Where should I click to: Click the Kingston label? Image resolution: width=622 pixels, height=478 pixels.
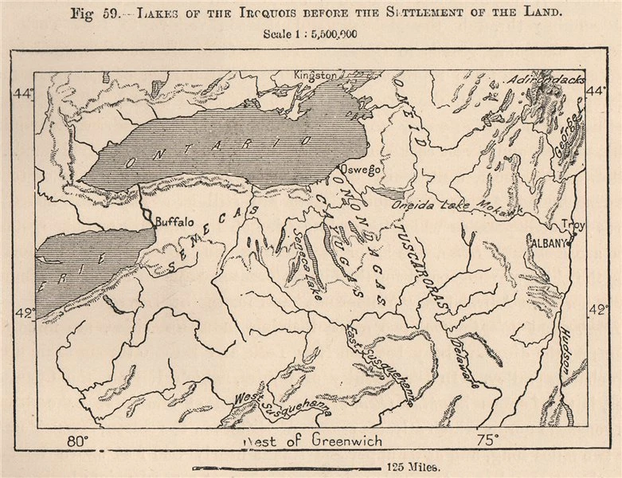(x=314, y=74)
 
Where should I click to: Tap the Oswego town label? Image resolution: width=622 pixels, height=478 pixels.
(x=358, y=170)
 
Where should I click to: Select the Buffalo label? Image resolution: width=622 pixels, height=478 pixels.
(x=174, y=223)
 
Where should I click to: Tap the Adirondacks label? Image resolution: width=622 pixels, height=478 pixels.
(x=549, y=80)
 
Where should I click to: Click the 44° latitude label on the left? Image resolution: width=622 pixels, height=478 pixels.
(x=23, y=94)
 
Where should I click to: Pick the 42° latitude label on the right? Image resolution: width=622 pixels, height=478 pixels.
(x=597, y=310)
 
